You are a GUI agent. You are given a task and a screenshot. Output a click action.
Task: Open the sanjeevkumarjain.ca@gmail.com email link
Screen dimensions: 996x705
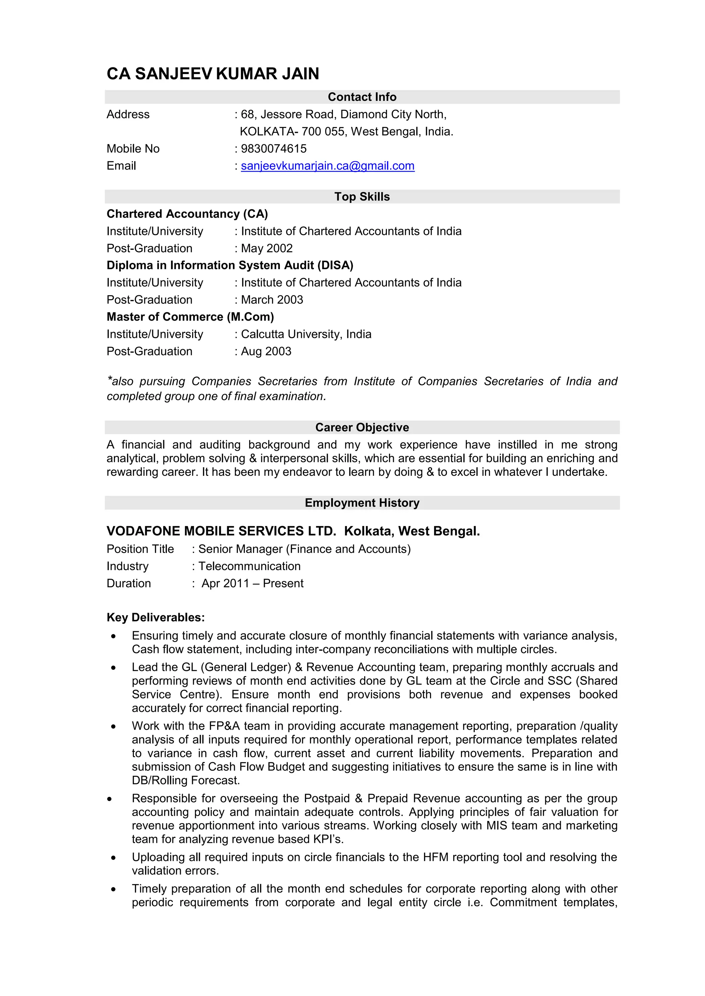327,166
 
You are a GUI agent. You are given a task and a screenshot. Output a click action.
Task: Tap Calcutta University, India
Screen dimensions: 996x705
306,334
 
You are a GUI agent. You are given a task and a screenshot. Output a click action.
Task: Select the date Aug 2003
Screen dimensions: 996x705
266,351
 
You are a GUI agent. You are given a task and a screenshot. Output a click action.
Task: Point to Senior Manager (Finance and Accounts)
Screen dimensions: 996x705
304,549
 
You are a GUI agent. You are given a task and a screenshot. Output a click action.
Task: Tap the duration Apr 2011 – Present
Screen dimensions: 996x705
252,583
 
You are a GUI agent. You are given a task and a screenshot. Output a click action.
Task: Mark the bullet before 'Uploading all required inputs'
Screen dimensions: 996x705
113,858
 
